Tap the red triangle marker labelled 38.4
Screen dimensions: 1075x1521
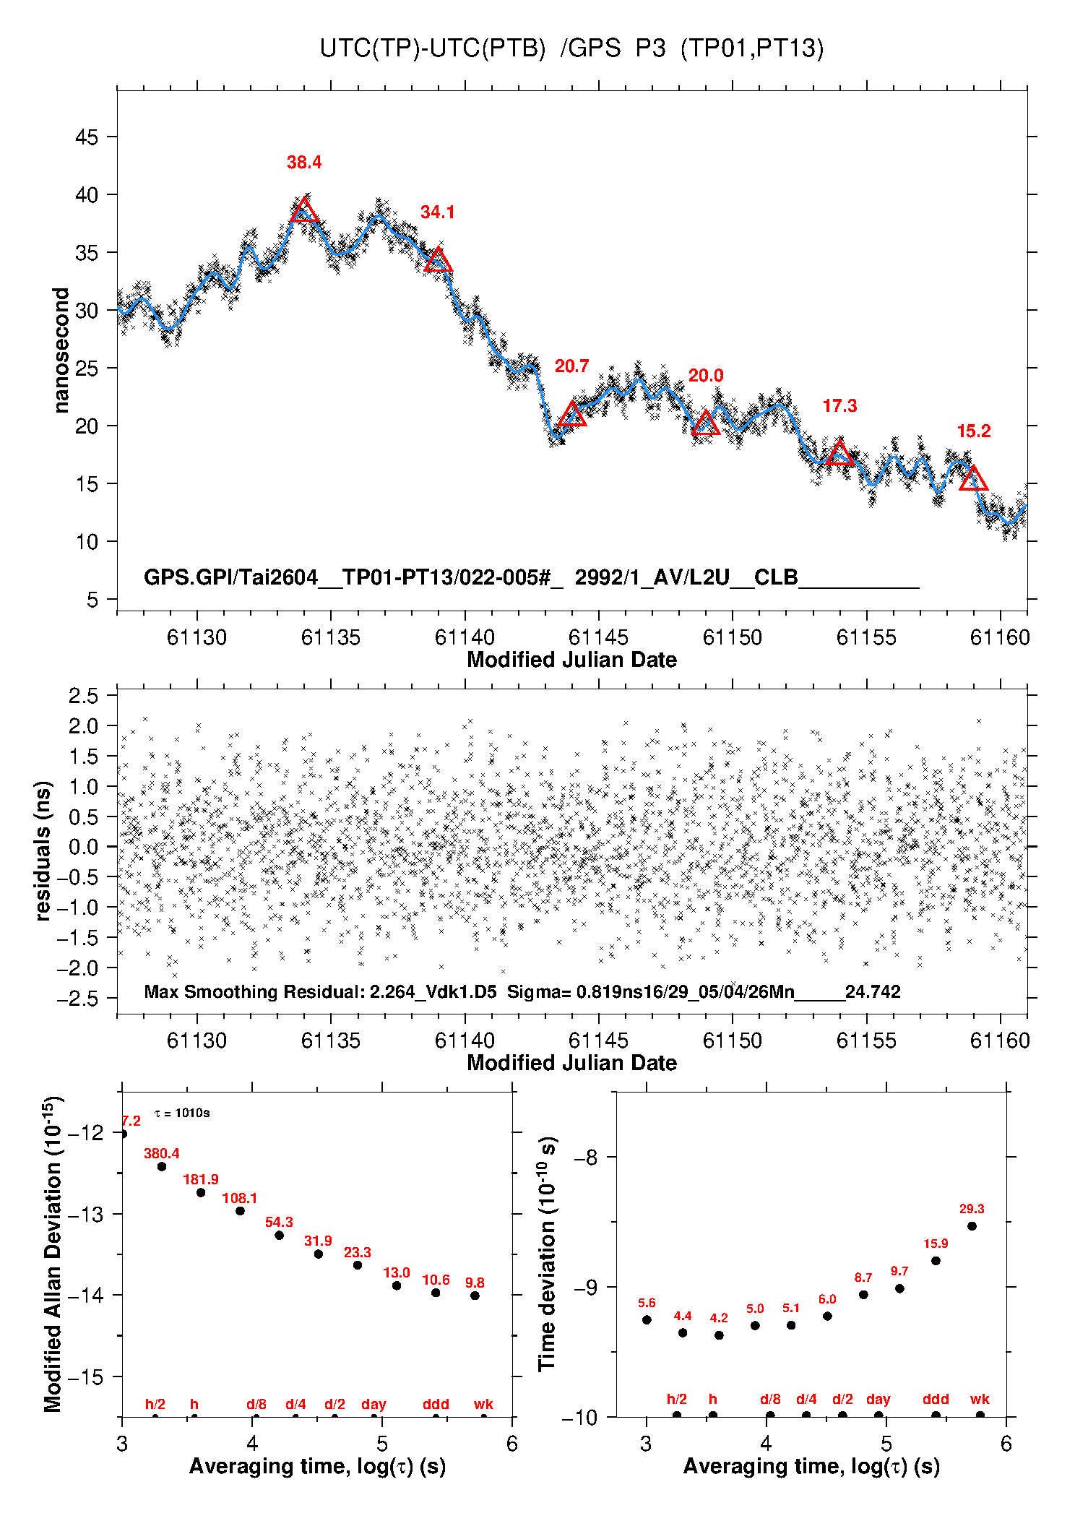(x=304, y=211)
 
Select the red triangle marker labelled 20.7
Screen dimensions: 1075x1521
(x=572, y=415)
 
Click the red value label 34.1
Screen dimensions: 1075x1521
(x=438, y=212)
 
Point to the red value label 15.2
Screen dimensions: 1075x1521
(x=974, y=431)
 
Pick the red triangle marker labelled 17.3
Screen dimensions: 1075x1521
(x=839, y=454)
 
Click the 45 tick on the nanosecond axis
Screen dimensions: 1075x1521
(x=87, y=137)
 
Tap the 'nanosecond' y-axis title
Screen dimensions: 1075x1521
(x=61, y=350)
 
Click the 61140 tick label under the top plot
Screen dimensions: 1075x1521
(x=465, y=637)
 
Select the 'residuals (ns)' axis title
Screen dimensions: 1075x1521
(x=43, y=850)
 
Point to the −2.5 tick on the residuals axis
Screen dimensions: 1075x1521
(x=77, y=999)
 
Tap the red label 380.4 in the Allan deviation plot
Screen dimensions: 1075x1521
(x=162, y=1153)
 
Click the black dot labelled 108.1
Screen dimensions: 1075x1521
(x=240, y=1210)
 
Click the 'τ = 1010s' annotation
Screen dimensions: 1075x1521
(x=182, y=1113)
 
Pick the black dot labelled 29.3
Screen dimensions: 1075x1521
(x=972, y=1225)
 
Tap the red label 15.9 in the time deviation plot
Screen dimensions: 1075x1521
(x=936, y=1244)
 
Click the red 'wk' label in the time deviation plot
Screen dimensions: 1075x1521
(x=980, y=1399)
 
